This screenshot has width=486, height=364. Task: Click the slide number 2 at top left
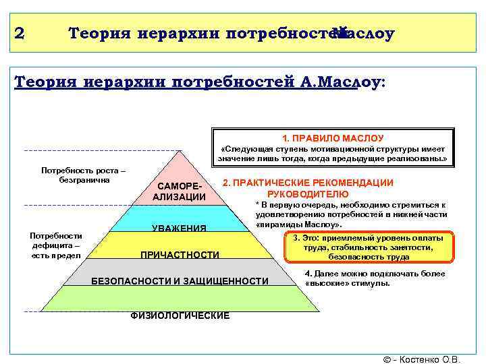19,34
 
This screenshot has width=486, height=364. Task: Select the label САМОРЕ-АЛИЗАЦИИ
179,191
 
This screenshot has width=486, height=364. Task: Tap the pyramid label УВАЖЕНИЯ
179,229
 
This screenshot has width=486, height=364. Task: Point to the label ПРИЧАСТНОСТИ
180,255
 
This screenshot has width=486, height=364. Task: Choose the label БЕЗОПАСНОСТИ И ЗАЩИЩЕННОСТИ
180,280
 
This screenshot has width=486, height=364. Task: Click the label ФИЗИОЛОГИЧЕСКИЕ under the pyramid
180,315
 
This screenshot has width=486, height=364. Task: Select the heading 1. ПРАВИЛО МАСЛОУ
333,138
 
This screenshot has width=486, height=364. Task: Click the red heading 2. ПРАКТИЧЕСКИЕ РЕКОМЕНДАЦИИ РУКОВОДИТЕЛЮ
308,188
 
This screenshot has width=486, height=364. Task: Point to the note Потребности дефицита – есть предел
56,245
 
